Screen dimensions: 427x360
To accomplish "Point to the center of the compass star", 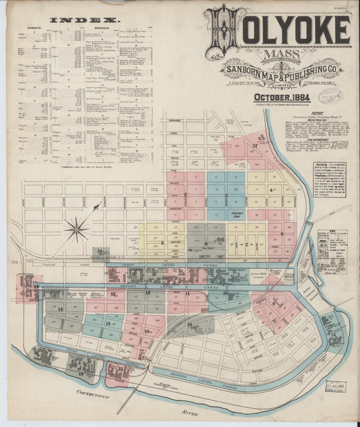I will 76,228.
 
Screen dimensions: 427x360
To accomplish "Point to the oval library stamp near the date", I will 330,97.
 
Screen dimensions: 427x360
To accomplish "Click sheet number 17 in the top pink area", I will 255,145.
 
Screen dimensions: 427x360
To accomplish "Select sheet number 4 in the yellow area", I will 270,191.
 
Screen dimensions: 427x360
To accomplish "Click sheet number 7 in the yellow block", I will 249,242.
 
